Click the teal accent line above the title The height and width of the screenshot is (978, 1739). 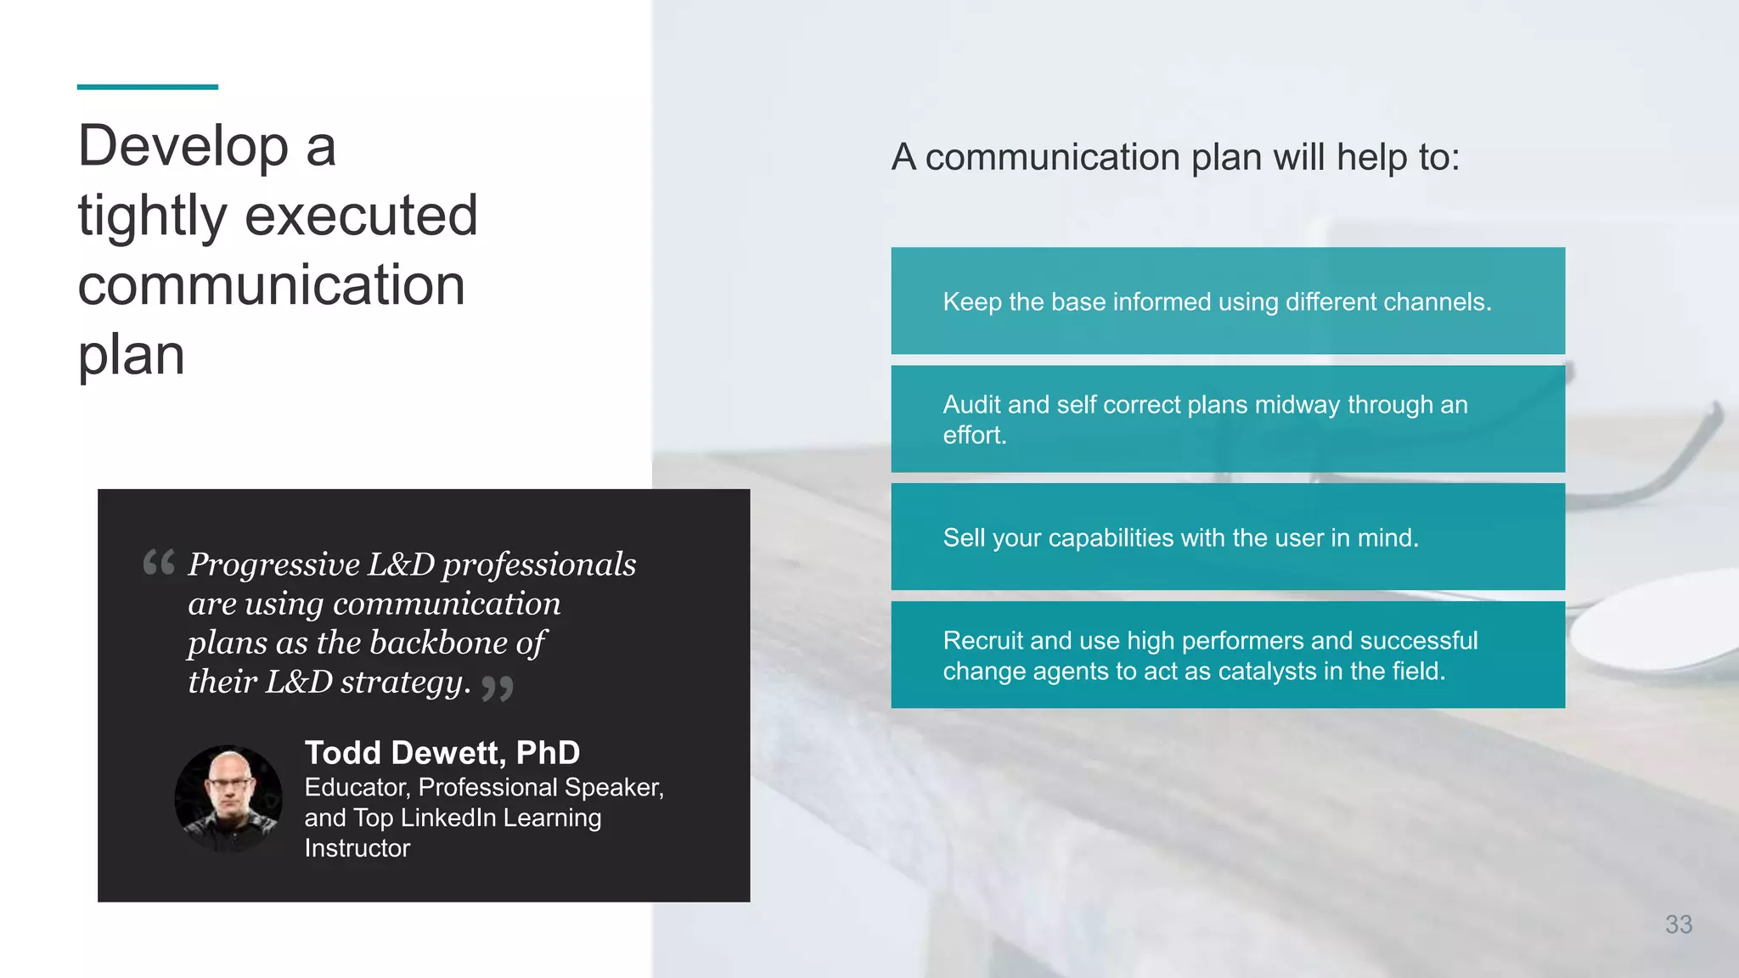[147, 87]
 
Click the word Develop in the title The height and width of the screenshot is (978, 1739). [183, 146]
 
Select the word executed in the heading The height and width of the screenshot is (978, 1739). [361, 216]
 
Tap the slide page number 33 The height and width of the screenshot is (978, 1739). [1678, 925]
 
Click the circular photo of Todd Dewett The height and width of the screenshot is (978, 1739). [228, 798]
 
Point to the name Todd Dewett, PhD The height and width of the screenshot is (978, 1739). [442, 753]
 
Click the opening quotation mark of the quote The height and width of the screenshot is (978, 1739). [159, 562]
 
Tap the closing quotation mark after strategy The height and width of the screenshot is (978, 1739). [498, 687]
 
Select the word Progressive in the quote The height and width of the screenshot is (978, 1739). [273, 565]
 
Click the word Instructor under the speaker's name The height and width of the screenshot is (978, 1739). [357, 848]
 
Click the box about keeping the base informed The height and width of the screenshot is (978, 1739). [1227, 301]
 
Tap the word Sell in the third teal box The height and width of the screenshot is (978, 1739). [964, 538]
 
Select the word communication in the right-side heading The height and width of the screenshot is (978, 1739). [1052, 158]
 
